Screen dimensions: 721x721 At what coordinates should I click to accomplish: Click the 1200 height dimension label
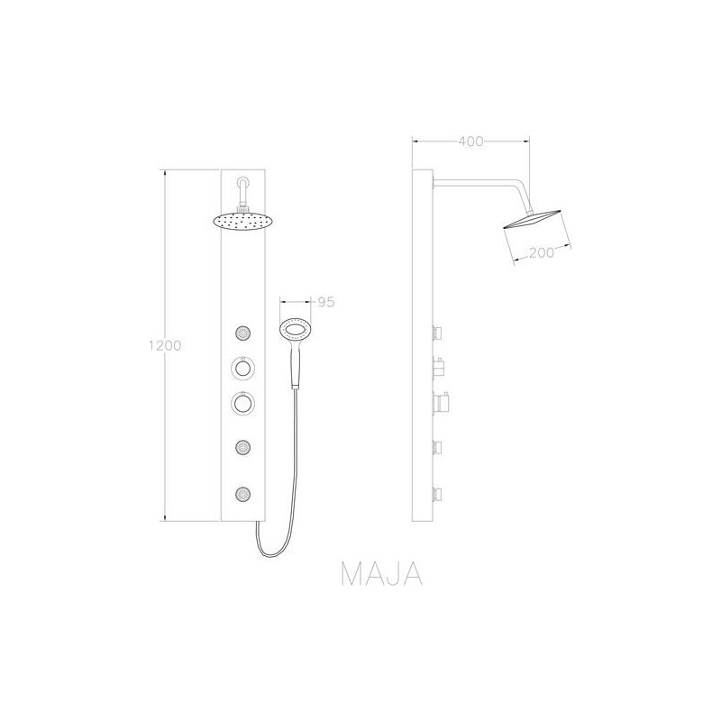pos(165,345)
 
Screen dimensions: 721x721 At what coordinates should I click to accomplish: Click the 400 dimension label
pos(470,141)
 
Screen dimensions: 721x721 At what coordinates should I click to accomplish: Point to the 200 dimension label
pos(542,252)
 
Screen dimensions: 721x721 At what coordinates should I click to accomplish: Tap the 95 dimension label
pos(326,302)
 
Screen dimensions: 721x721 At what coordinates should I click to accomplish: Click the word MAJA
pos(381,573)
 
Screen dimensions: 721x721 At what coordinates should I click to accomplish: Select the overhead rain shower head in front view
pos(242,222)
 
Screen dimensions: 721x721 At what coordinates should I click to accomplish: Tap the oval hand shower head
pos(296,329)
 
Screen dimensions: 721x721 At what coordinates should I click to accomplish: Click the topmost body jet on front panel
pos(242,333)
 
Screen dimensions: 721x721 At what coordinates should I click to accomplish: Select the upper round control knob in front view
pos(242,368)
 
